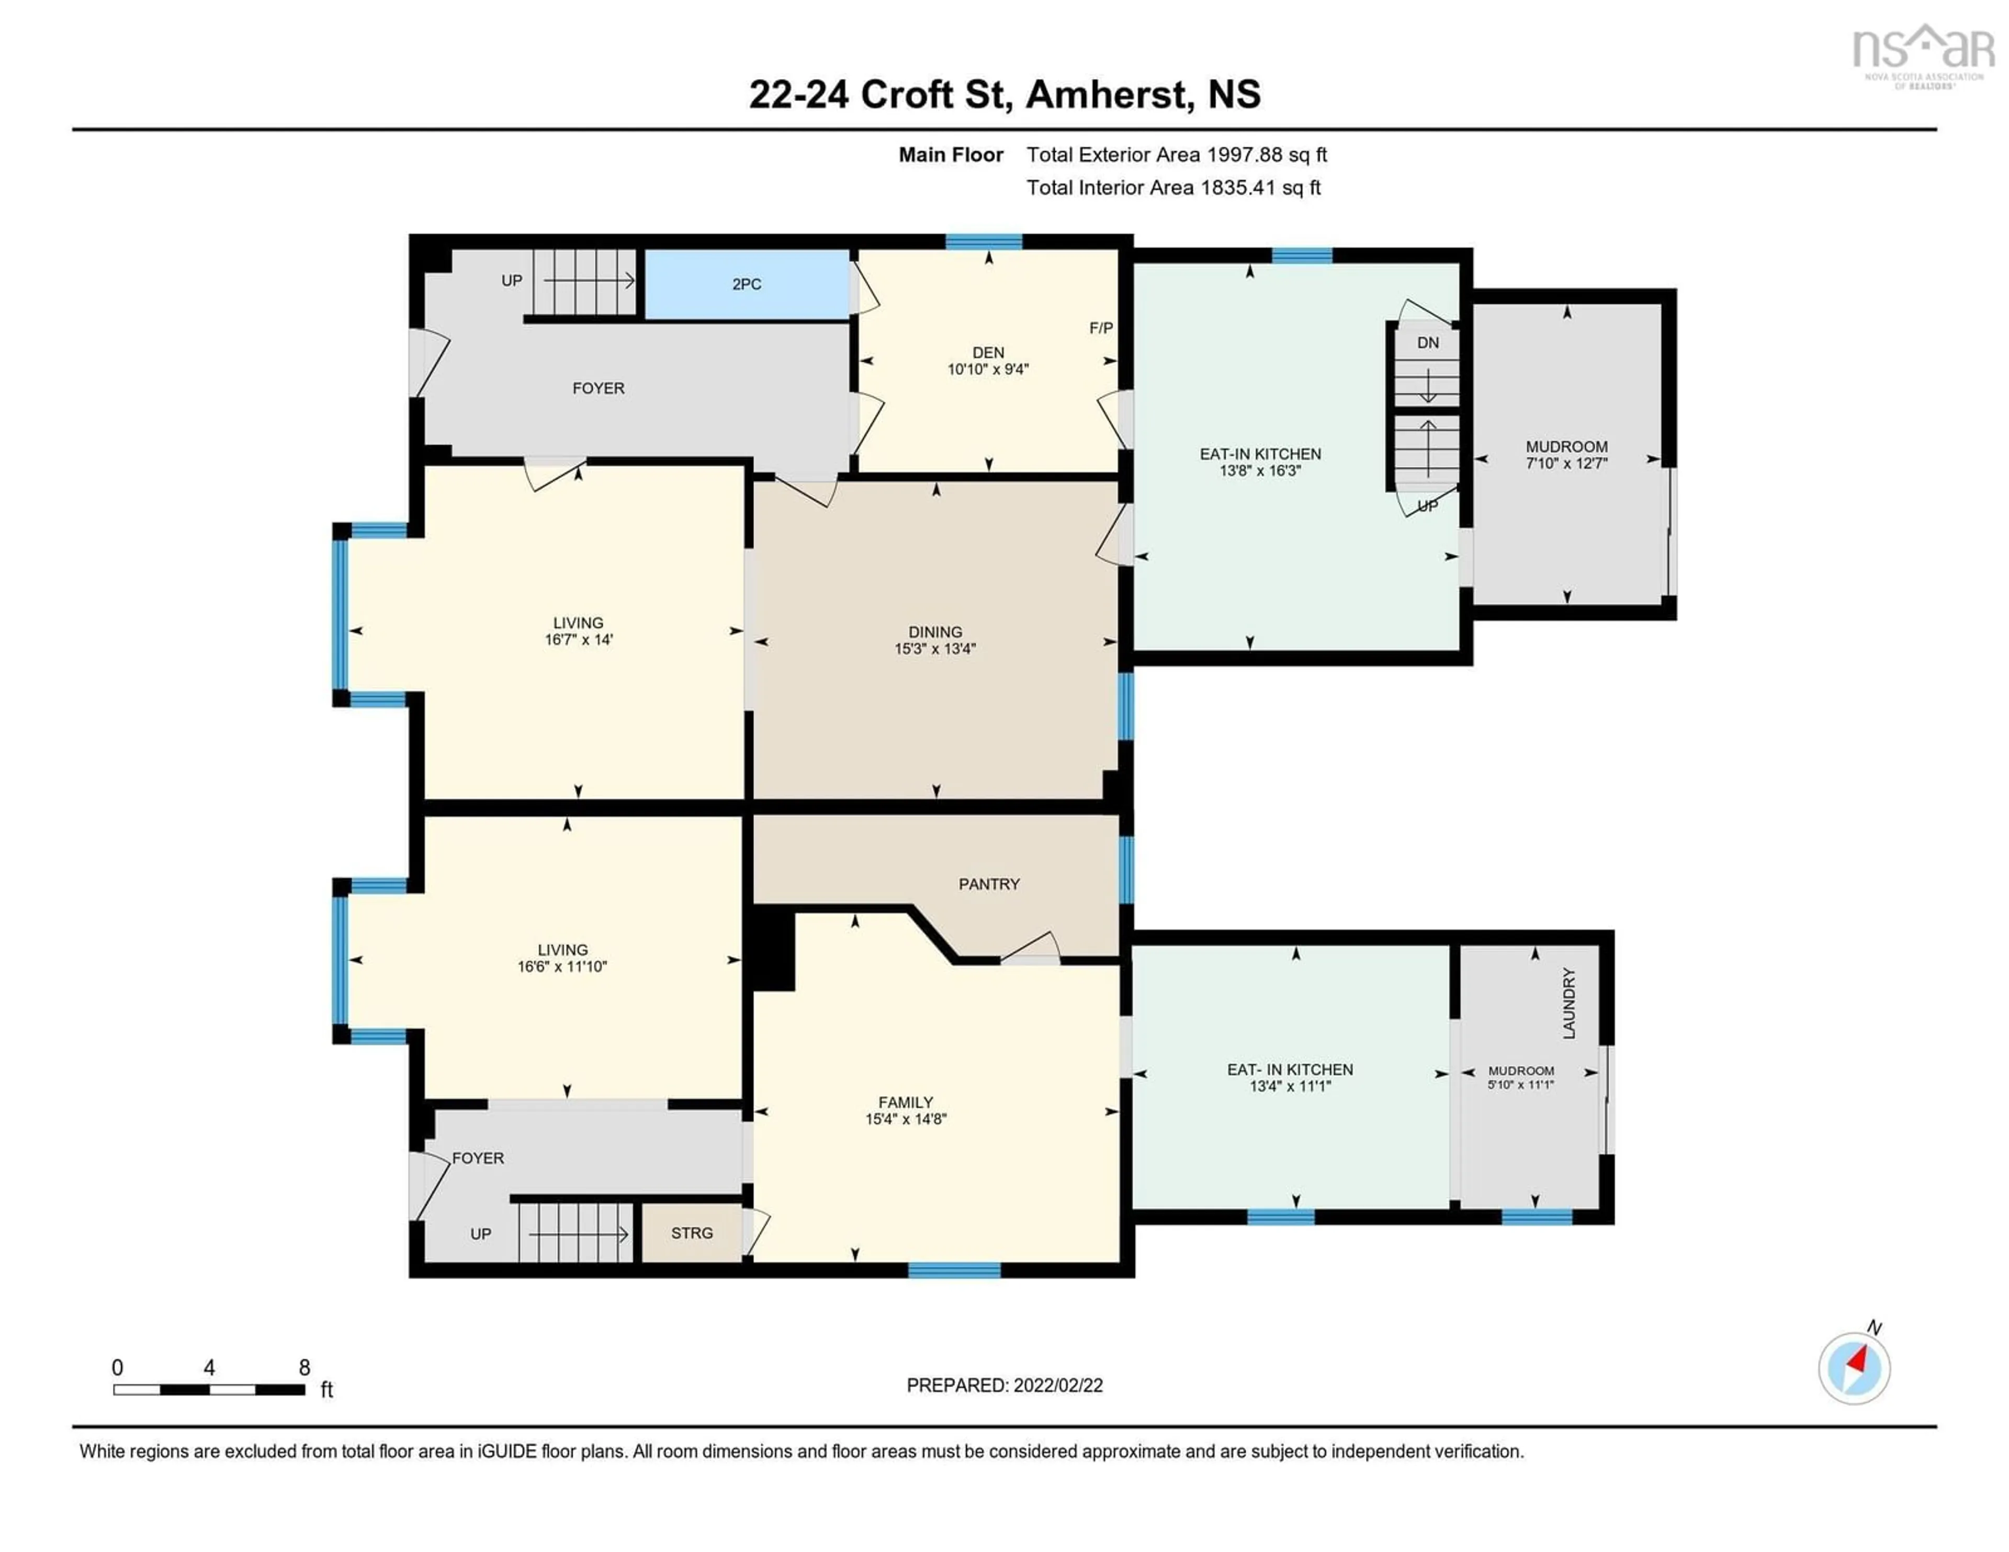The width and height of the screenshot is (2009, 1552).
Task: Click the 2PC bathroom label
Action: (x=746, y=284)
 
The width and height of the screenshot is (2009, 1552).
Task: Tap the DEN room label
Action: (x=988, y=352)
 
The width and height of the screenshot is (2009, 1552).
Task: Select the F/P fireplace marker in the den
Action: (x=1100, y=328)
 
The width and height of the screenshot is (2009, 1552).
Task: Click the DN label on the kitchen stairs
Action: (x=1428, y=343)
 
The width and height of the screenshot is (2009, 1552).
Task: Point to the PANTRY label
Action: (x=989, y=884)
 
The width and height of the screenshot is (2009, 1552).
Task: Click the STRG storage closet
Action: (x=692, y=1233)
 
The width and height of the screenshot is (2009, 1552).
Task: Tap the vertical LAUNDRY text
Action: (x=1570, y=1004)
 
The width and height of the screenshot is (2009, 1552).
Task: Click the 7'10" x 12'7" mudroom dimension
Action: (x=1566, y=464)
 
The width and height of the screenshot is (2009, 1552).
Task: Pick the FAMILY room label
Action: (x=905, y=1102)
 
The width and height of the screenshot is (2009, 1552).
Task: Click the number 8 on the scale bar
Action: (x=304, y=1368)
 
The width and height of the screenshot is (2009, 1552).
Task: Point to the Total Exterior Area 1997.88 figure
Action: (x=1177, y=154)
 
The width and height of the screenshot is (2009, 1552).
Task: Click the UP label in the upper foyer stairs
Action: (x=512, y=280)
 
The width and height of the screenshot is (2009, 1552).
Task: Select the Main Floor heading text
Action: (x=950, y=154)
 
